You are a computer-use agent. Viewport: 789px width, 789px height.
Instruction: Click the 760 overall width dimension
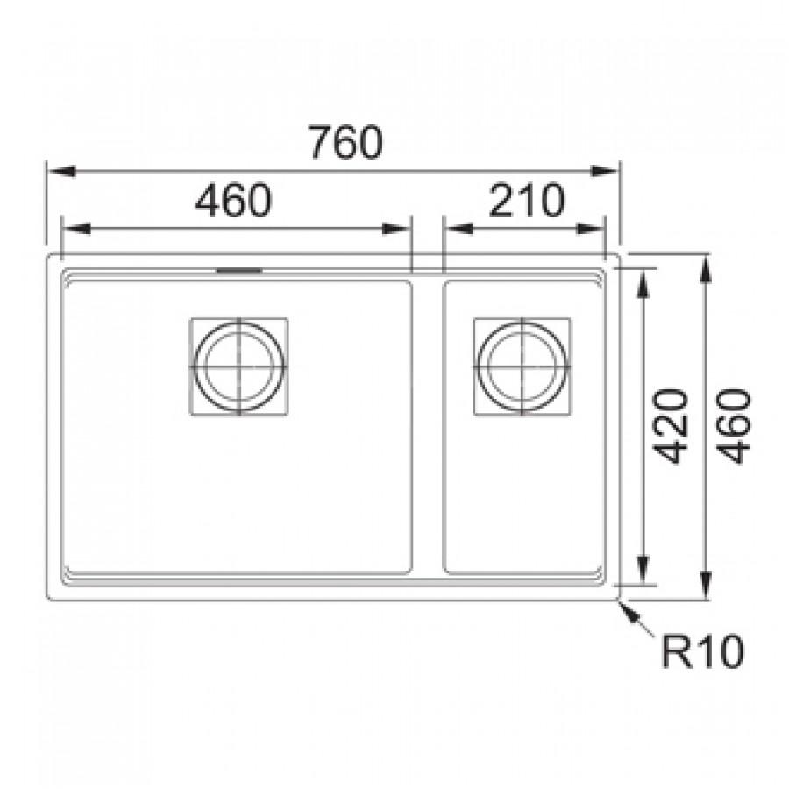coord(345,142)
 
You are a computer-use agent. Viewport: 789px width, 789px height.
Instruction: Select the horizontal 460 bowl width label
coord(233,200)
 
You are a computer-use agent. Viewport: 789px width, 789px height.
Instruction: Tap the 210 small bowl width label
coord(526,200)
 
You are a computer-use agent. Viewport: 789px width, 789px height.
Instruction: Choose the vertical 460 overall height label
coord(733,426)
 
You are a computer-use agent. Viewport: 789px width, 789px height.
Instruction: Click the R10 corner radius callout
coord(702,651)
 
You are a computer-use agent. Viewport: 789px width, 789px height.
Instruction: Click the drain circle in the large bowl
coord(239,366)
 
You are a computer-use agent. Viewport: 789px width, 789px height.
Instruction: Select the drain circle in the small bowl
coord(522,366)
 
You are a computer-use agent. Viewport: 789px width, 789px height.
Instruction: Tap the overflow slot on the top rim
coord(239,271)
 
